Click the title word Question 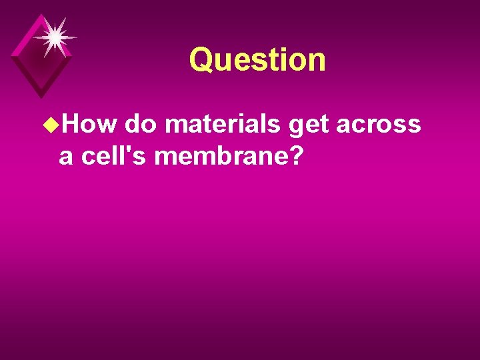[257, 60]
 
